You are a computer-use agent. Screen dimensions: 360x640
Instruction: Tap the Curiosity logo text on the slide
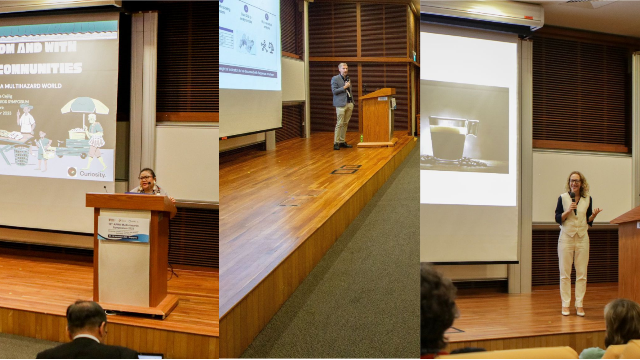pos(92,174)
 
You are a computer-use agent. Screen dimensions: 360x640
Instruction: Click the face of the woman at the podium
pos(147,179)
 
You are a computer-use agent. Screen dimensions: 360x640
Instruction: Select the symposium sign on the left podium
pos(123,229)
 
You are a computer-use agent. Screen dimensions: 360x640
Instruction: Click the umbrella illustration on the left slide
pos(85,106)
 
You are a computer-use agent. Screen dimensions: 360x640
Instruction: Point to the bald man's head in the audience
pos(86,318)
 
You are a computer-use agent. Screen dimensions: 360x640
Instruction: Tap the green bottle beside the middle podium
pos(362,138)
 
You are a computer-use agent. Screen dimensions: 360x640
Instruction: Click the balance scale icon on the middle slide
pos(271,48)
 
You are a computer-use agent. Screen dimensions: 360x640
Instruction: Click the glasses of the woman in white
pos(575,182)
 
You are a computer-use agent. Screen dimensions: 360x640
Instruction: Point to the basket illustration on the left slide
pos(21,154)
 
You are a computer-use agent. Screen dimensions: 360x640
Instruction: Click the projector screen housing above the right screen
pos(482,14)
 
